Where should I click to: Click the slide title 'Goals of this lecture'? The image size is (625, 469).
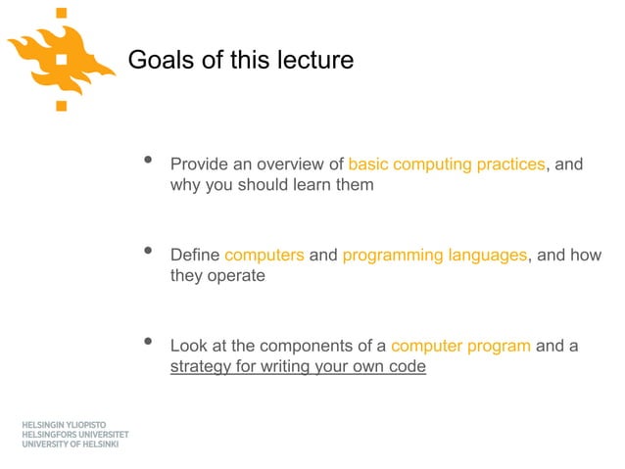click(x=240, y=61)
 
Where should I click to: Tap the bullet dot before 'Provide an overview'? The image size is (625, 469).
click(x=149, y=162)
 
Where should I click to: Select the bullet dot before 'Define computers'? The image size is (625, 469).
click(x=149, y=254)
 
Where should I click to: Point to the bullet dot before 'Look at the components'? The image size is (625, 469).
click(x=149, y=343)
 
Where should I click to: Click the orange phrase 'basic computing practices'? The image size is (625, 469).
click(x=446, y=164)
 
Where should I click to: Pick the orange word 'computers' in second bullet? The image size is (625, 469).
click(x=264, y=256)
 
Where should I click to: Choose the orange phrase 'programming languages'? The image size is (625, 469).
click(x=435, y=256)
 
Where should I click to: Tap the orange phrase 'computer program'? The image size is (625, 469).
click(x=460, y=346)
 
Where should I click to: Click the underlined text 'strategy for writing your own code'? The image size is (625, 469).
click(x=298, y=368)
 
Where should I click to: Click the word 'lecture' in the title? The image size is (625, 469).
click(x=313, y=61)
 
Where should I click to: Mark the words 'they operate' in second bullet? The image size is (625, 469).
click(x=217, y=276)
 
